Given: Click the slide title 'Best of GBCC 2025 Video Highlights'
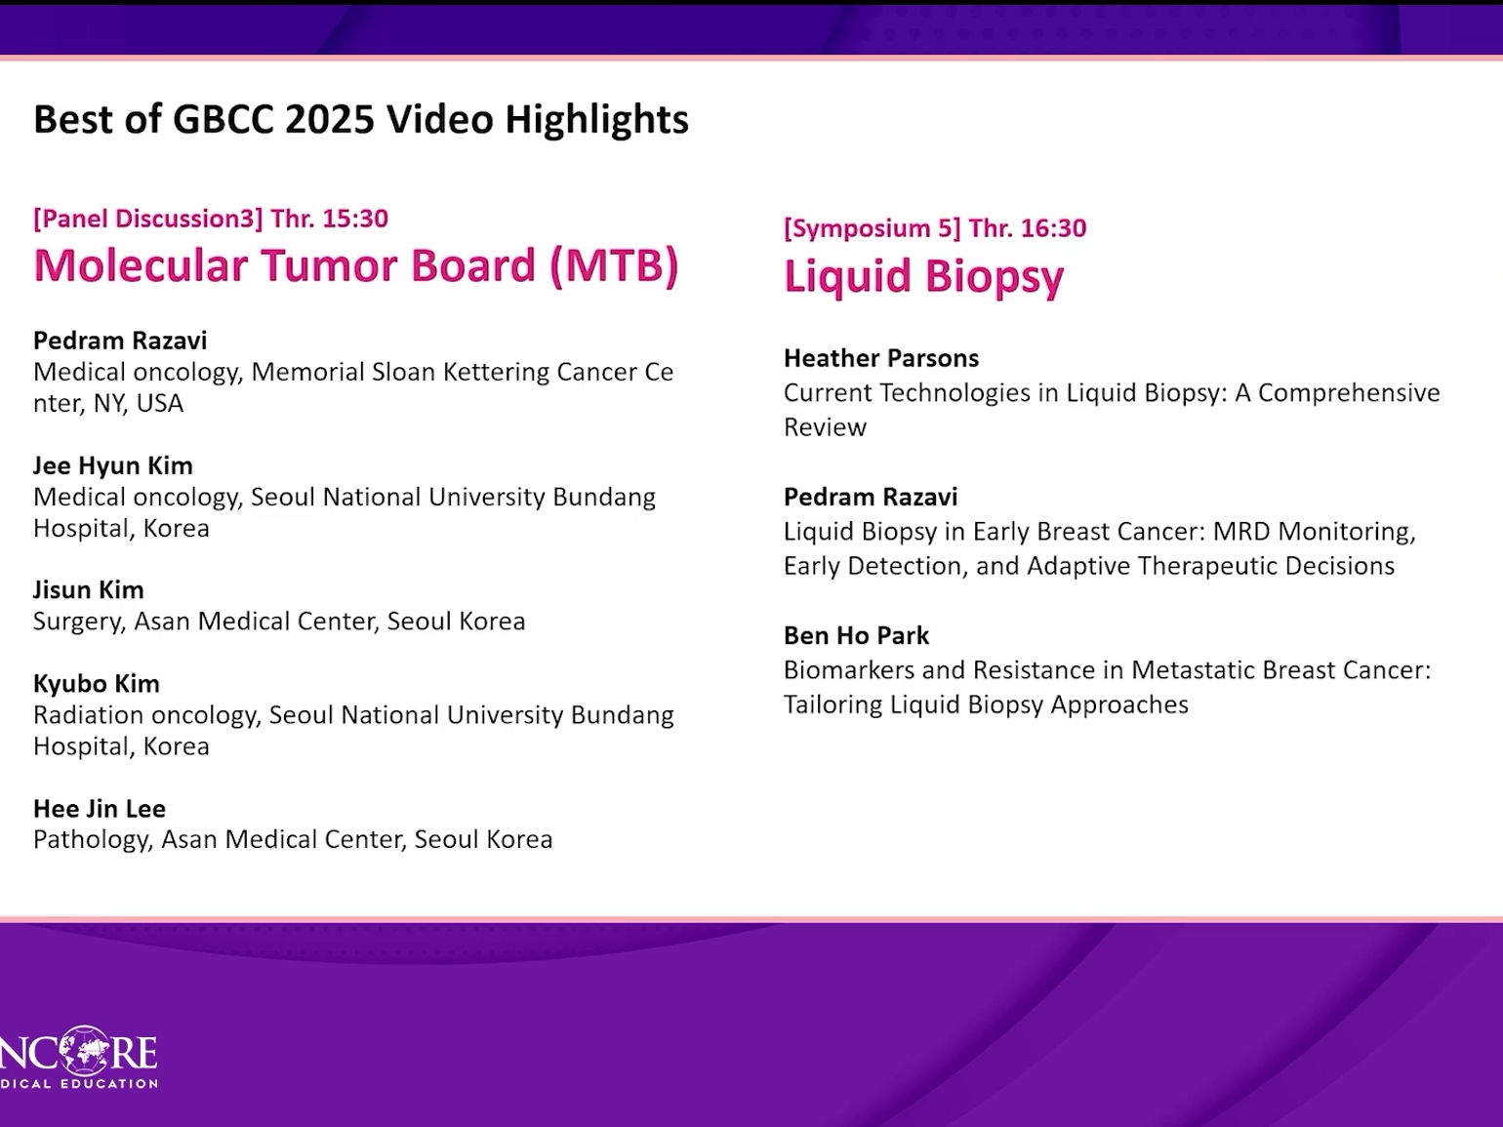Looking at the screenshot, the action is pos(361,120).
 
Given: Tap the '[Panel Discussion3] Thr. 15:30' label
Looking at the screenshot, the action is pos(211,219).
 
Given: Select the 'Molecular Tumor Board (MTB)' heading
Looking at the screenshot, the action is pos(356,265).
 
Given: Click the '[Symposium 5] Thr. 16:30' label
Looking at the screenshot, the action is pos(935,228).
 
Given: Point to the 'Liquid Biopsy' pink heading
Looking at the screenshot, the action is pos(923,277).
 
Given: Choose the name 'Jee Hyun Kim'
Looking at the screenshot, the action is pos(113,466).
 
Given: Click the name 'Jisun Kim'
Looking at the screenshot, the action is pos(89,589).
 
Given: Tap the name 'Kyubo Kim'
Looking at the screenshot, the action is pos(97,684).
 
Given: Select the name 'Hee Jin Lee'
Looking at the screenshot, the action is pos(100,808).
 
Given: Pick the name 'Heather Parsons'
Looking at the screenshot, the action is pos(881,358).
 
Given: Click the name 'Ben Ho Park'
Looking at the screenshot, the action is pos(857,635).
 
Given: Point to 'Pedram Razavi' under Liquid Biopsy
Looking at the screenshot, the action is pos(871,497).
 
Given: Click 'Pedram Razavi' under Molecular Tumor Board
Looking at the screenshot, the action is pos(120,341).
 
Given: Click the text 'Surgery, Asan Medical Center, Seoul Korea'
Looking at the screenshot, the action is pos(279,622).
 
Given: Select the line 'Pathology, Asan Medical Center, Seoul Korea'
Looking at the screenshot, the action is pos(293,839).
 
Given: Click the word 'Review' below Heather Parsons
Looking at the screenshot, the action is pos(825,427).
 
